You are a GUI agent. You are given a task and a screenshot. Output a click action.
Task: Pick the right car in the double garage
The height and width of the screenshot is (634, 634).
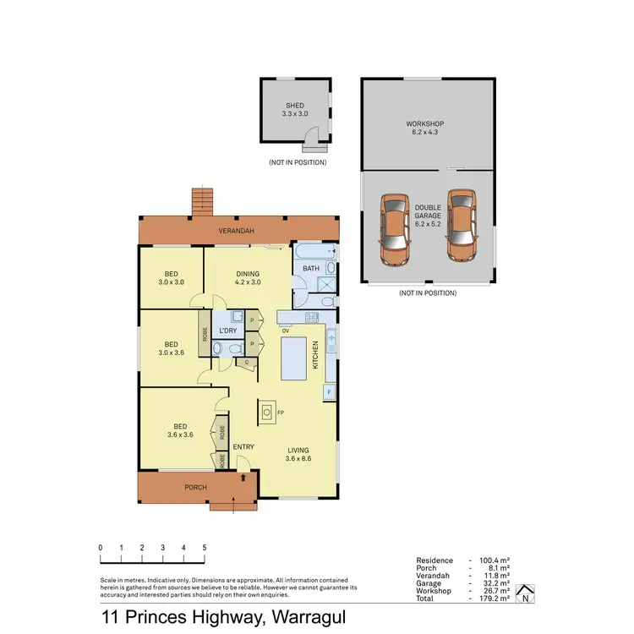[x=462, y=224]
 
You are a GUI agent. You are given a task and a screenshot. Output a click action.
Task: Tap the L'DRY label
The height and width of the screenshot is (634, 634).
[x=227, y=331]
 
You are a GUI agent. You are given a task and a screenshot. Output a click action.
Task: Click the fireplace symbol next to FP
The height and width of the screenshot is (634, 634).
[x=267, y=413]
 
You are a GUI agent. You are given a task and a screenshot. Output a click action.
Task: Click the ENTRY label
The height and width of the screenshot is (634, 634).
[x=243, y=446]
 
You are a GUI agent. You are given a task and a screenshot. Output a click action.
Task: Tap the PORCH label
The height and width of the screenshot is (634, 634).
[x=196, y=488]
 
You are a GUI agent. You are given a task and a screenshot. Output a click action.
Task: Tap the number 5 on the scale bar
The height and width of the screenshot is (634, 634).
[x=204, y=548]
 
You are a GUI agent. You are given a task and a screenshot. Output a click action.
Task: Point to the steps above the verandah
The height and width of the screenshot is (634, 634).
[x=201, y=199]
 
